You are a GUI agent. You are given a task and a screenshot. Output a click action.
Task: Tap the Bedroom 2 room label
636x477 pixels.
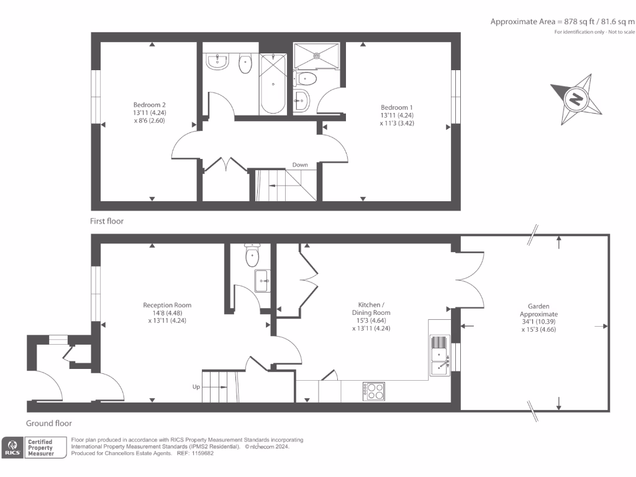(149, 113)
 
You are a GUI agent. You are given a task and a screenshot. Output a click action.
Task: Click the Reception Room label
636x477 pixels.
(167, 313)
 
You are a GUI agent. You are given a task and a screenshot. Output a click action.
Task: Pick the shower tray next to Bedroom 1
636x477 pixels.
(316, 55)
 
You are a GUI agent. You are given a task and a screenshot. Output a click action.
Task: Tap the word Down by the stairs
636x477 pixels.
(301, 165)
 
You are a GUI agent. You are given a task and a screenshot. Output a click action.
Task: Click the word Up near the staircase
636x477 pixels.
(196, 387)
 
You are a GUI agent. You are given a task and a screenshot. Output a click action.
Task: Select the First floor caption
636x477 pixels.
(107, 220)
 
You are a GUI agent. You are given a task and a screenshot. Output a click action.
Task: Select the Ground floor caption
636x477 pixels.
(49, 424)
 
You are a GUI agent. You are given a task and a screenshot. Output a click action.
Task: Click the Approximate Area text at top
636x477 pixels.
(562, 22)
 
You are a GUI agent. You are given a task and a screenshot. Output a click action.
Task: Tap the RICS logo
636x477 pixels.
(12, 447)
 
